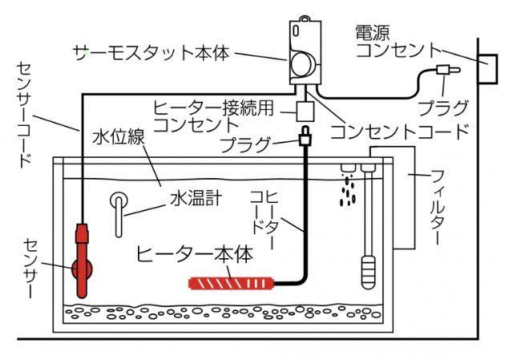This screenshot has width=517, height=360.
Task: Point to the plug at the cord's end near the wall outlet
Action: pos(442,71)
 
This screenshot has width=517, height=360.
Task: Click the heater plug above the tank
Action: pos(305,139)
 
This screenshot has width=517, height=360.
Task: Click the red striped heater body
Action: pos(232,282)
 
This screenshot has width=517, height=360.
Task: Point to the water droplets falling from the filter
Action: pos(346,189)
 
